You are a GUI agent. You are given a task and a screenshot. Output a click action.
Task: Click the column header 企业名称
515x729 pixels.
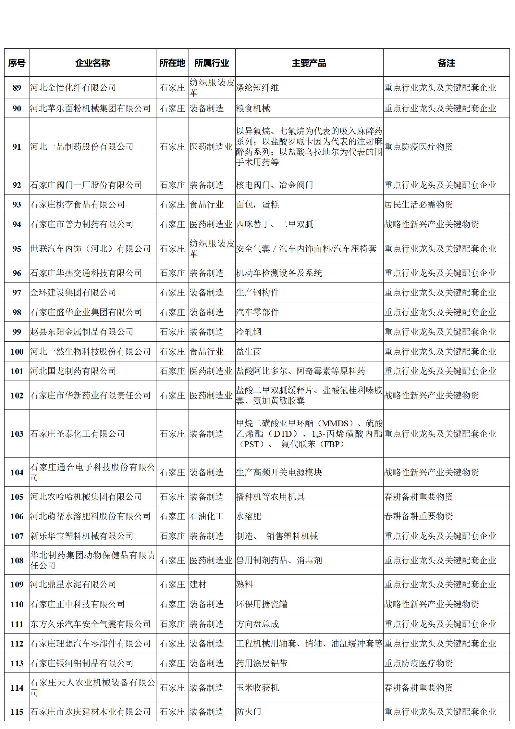[92, 63]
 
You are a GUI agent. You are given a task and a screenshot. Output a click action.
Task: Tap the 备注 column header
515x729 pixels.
[446, 63]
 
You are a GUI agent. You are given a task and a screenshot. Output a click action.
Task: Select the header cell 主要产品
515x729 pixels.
[309, 63]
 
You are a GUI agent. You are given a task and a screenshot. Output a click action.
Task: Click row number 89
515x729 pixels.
[17, 88]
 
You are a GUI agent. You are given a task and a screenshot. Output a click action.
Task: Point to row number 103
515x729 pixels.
[17, 434]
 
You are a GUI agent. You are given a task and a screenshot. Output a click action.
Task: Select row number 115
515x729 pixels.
[17, 712]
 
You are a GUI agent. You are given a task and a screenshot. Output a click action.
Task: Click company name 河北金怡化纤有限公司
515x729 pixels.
[73, 88]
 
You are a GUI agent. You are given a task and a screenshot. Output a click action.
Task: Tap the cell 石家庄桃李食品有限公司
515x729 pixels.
[78, 205]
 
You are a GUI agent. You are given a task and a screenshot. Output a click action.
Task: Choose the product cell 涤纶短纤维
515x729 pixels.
[257, 88]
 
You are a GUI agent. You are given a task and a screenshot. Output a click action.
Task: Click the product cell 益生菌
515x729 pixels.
[249, 352]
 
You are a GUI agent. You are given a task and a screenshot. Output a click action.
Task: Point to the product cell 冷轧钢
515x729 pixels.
[249, 332]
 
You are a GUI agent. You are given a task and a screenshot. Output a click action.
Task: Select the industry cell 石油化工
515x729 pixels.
[207, 516]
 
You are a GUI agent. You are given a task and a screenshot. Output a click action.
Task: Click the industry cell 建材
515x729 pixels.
[198, 584]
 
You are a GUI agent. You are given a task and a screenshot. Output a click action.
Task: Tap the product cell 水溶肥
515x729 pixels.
[249, 516]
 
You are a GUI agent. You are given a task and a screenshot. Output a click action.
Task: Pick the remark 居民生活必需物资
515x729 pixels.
[419, 205]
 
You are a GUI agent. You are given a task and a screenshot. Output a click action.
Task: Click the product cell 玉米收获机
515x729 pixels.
[257, 687]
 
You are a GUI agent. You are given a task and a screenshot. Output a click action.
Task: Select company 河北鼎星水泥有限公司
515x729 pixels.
[73, 584]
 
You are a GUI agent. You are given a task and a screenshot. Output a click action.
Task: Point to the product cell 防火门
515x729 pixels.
[249, 712]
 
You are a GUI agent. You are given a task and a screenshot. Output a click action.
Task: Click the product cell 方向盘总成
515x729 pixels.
[257, 624]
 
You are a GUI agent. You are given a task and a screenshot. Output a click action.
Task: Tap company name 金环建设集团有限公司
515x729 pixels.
[73, 293]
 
